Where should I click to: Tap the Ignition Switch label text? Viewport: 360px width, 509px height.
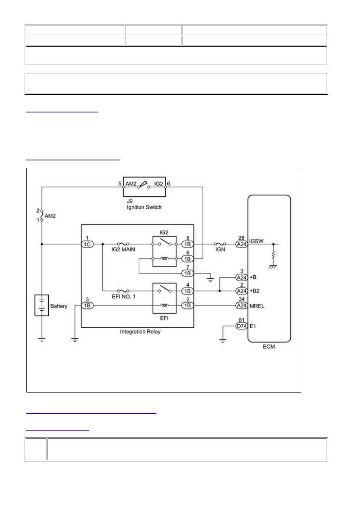144,207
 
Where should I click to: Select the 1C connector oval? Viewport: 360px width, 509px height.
87,244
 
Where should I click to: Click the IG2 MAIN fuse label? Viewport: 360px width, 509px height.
123,249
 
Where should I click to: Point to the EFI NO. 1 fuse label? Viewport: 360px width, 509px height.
124,297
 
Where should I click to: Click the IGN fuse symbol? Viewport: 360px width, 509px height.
220,244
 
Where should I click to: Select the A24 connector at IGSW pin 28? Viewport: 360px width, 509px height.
241,244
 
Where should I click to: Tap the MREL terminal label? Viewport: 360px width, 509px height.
257,306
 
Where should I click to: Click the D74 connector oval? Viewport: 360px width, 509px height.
241,326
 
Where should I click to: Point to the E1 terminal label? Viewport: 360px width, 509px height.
253,326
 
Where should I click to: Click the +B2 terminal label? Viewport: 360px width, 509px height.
254,291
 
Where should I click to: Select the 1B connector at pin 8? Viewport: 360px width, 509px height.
187,244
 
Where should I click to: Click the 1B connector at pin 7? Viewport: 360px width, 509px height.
187,273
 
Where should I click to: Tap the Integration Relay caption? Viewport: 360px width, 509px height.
140,332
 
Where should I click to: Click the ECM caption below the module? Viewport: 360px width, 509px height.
269,347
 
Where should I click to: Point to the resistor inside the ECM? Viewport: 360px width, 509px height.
273,255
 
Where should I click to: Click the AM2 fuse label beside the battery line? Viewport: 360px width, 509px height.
50,216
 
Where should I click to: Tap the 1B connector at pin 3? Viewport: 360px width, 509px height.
87,305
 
